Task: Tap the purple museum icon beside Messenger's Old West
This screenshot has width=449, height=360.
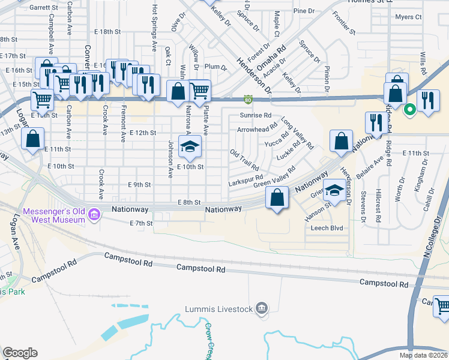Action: pos(94,215)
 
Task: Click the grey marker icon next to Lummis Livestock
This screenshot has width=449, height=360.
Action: pos(261,309)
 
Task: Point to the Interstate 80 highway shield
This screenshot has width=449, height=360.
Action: pos(247,100)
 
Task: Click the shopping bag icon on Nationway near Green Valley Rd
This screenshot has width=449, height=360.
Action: pos(277,197)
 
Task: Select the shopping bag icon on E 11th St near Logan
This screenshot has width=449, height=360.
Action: pos(33,140)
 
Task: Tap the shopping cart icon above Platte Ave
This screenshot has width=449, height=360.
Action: pos(199,91)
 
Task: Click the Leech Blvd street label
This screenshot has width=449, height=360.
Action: pos(327,228)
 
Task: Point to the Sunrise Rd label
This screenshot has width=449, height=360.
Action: pos(256,115)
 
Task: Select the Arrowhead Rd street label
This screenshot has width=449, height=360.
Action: pos(257,128)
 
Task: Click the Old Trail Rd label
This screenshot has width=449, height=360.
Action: pos(244,160)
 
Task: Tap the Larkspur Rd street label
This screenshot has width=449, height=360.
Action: pos(246,178)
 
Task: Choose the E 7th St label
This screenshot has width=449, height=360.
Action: pos(142,223)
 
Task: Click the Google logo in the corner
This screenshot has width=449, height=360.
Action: pos(20,353)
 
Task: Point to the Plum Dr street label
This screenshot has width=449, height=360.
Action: pos(215,67)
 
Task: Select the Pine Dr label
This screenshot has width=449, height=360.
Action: pos(304,11)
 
